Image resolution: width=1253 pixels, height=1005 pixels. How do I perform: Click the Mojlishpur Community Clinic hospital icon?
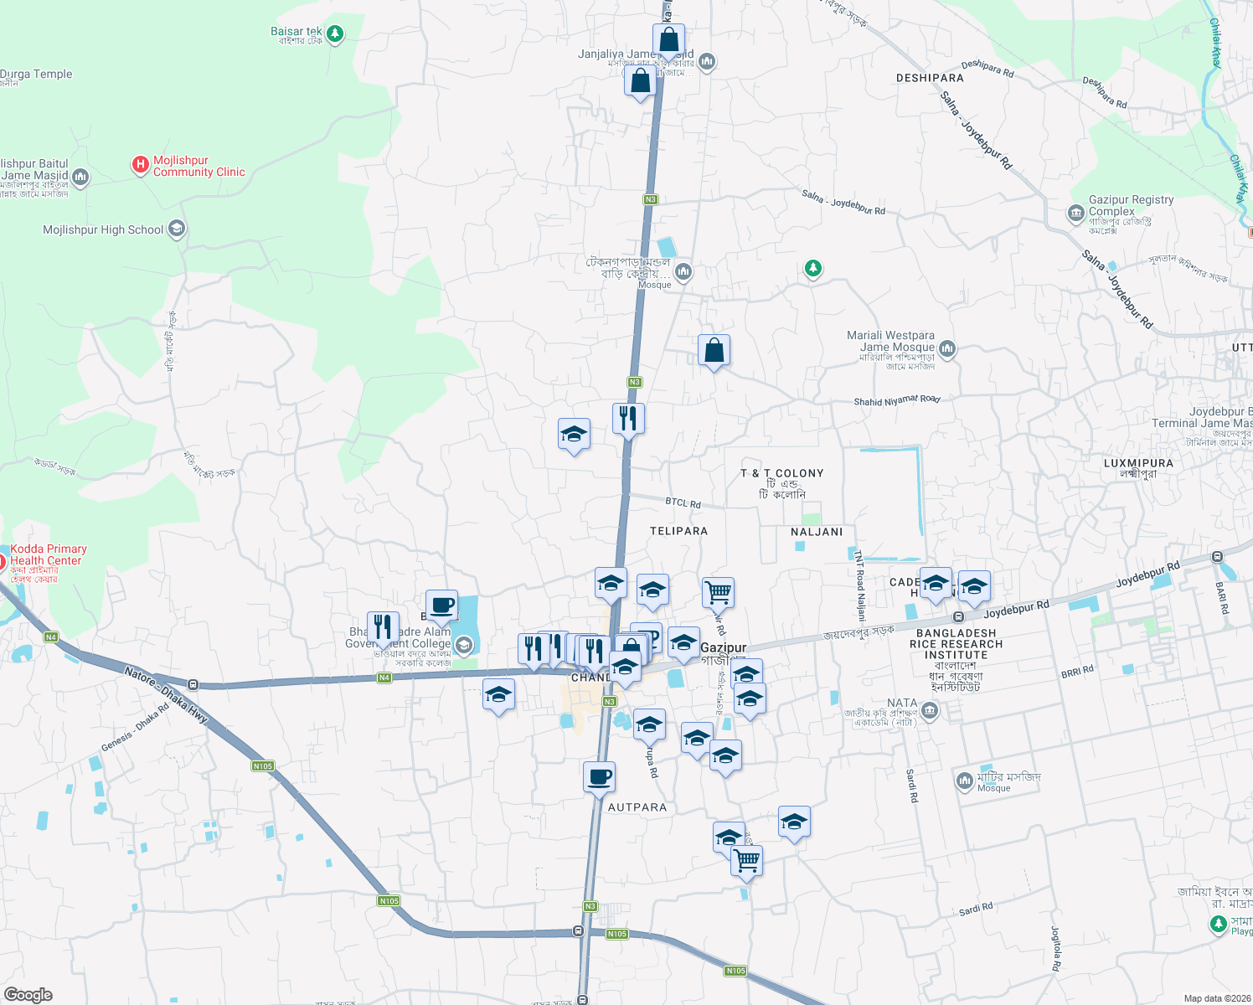tap(141, 165)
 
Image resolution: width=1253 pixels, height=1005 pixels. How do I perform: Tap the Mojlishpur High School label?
tap(103, 229)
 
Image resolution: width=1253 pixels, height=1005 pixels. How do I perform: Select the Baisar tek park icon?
tap(335, 33)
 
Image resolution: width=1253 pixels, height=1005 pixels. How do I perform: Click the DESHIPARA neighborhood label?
tap(930, 78)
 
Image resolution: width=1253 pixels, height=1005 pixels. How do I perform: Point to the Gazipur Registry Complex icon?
tap(1076, 214)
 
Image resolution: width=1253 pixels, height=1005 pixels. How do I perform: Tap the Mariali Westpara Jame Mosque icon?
tap(947, 348)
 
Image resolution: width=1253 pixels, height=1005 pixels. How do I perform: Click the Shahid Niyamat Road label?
tap(896, 401)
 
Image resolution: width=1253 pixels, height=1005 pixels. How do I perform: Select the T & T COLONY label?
tap(782, 473)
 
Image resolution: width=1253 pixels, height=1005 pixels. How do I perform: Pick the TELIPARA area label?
tap(678, 531)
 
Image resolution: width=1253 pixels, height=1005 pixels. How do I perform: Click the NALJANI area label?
tap(817, 532)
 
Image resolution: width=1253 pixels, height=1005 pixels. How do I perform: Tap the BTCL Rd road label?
tap(683, 502)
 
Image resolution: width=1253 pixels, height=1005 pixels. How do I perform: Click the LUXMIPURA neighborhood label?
tap(1138, 463)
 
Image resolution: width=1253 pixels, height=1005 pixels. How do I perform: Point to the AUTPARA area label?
tap(637, 807)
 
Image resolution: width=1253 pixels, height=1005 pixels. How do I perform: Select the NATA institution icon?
tap(929, 711)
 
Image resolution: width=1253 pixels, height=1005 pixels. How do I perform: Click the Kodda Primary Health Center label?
tap(48, 554)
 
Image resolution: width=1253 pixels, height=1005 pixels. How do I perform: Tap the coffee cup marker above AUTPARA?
tap(599, 777)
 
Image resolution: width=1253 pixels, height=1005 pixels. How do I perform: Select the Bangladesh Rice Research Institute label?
tap(956, 644)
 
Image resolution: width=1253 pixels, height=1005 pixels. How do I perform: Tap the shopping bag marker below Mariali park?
tap(714, 350)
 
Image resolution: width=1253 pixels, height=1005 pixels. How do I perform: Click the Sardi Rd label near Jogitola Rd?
tap(975, 909)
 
